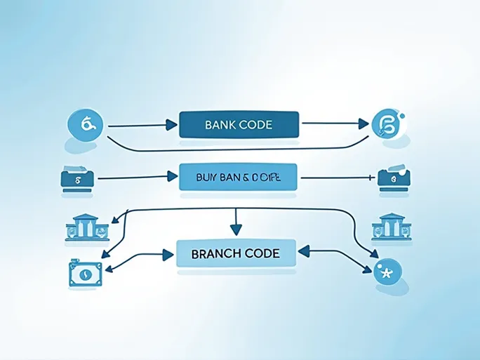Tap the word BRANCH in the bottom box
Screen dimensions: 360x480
click(x=215, y=254)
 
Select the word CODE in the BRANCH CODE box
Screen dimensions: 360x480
click(x=260, y=254)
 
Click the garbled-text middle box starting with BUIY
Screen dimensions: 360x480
click(x=239, y=178)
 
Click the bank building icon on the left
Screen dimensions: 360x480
click(x=86, y=227)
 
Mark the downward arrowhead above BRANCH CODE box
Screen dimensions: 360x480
click(x=236, y=229)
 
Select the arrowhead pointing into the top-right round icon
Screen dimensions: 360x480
click(x=363, y=124)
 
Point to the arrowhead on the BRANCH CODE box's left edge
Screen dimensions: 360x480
click(x=168, y=253)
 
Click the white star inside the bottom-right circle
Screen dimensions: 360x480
click(x=387, y=271)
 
